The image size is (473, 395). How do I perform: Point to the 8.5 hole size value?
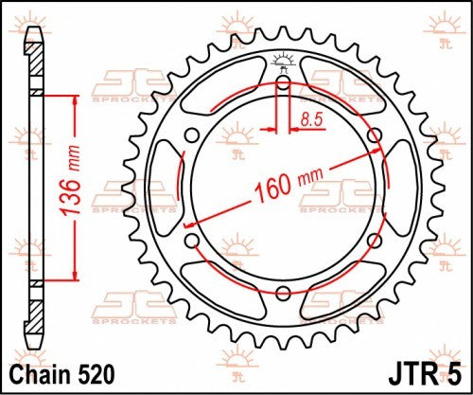point(312,117)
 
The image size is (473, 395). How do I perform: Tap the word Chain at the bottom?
point(37,376)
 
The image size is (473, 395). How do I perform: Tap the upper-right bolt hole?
point(375,135)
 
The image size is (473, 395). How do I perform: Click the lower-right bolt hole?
point(375,240)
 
